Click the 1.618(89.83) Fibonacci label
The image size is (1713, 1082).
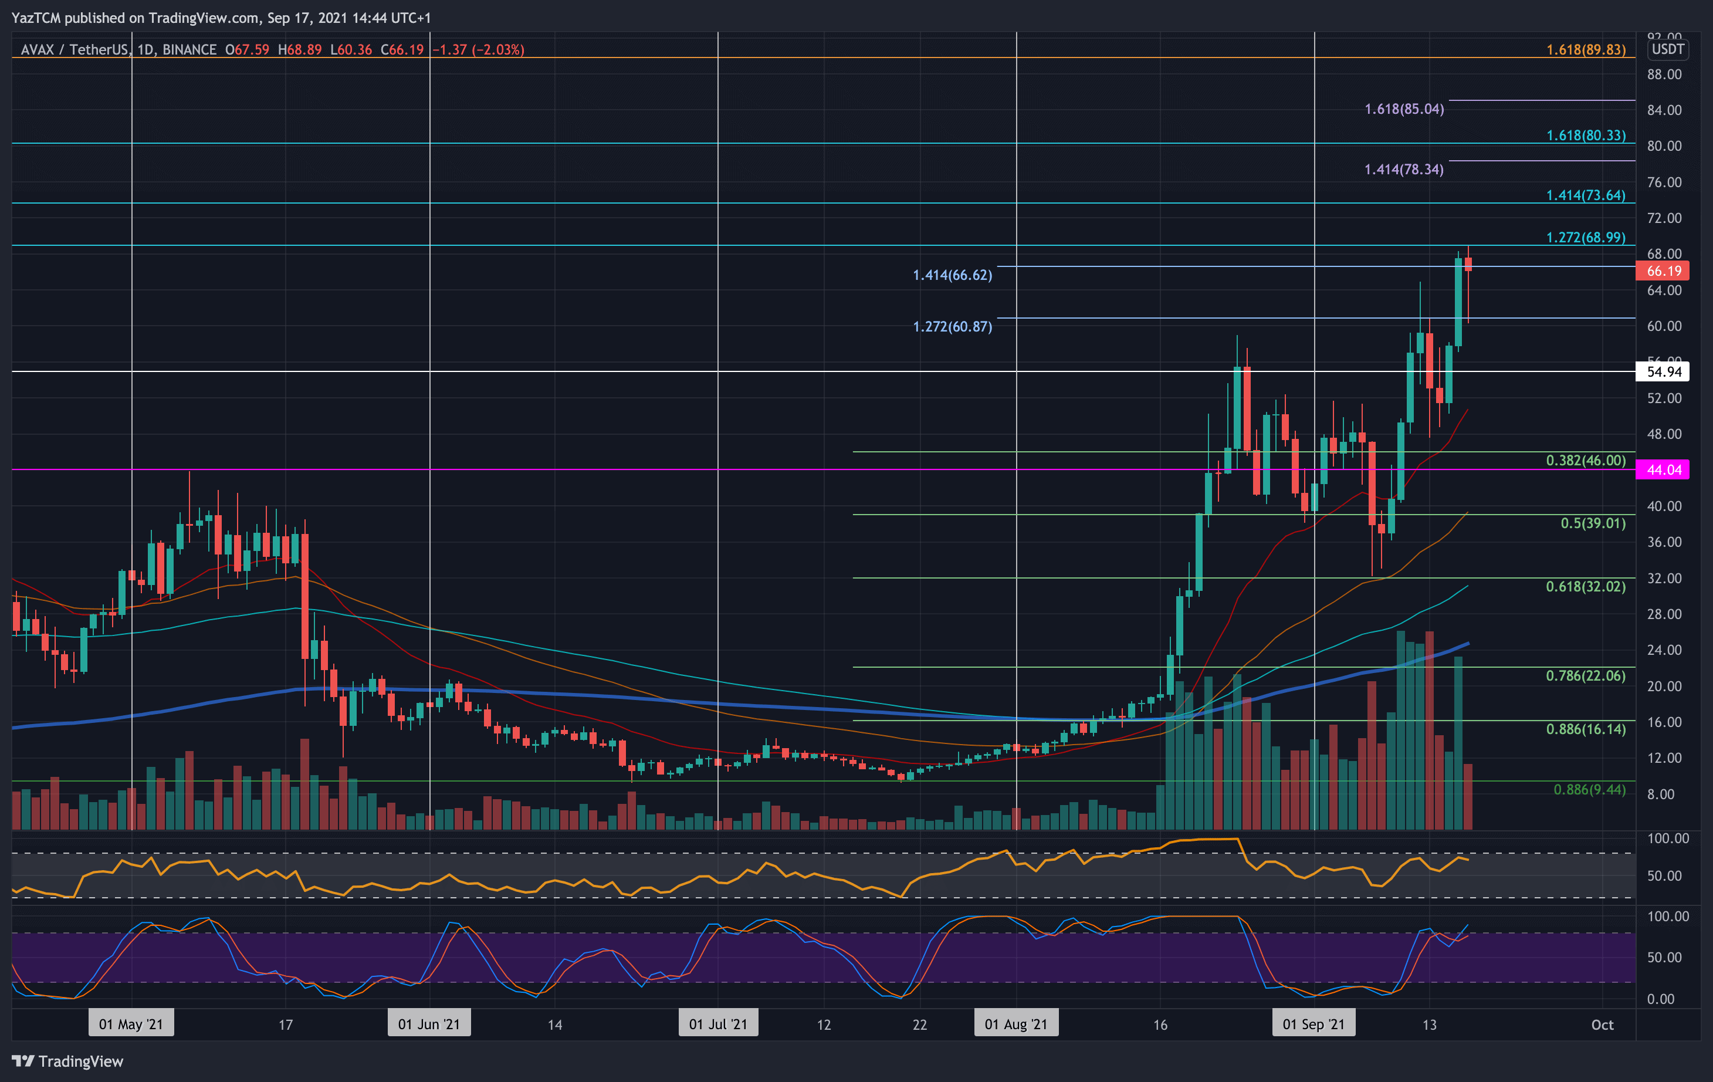(1585, 50)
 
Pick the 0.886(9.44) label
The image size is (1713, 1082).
(1589, 790)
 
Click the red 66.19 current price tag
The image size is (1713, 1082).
(1663, 271)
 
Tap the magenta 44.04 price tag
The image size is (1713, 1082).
(1663, 469)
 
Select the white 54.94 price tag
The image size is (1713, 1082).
(1663, 371)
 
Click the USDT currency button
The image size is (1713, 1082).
(1667, 49)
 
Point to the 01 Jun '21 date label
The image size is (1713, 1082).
(429, 1024)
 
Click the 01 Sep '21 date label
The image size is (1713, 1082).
(1313, 1024)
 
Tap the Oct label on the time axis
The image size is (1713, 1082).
(1602, 1024)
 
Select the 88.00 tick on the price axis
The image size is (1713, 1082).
(1663, 75)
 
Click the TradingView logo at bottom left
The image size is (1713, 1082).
(67, 1061)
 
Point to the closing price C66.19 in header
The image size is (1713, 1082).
(402, 50)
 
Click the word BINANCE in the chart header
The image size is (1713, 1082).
(189, 50)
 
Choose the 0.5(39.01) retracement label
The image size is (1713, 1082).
(1592, 523)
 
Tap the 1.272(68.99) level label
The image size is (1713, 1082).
(1585, 238)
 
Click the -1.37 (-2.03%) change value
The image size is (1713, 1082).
(479, 50)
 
